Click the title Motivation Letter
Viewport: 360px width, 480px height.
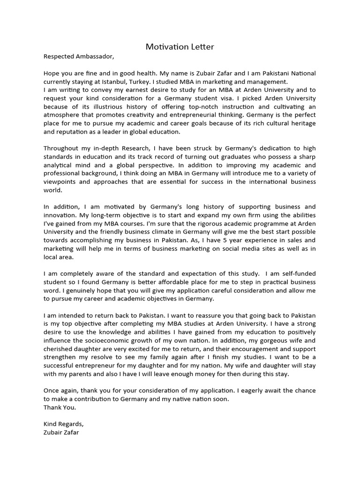click(180, 46)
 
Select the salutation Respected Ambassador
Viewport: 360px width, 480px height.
click(78, 57)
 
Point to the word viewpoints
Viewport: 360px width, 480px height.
click(60, 182)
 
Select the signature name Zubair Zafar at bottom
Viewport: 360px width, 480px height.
click(61, 433)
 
